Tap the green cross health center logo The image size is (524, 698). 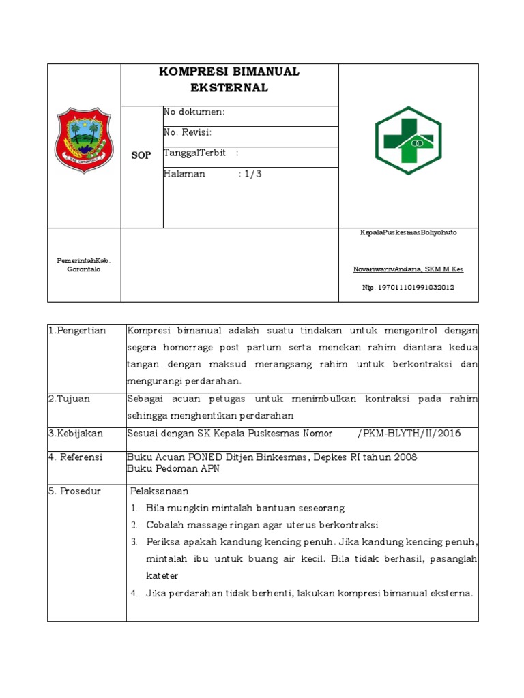409,140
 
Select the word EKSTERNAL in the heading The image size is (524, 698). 229,87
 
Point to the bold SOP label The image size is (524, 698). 141,155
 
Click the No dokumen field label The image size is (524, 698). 194,112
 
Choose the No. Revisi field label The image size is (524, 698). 188,132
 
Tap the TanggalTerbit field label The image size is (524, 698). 194,153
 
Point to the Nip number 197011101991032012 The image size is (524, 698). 408,287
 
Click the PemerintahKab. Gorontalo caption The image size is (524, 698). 84,264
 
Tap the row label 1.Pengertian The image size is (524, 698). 77,331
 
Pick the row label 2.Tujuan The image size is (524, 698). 69,398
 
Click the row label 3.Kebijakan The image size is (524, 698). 74,433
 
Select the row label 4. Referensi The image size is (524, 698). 75,457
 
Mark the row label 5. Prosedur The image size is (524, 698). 74,491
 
